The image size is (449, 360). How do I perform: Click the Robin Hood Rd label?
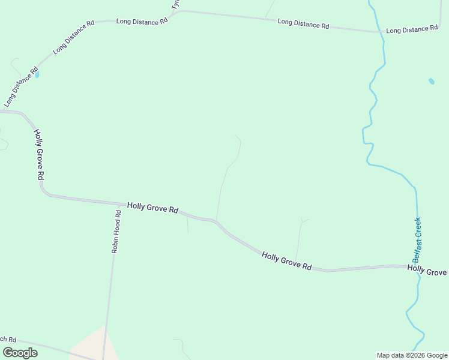click(116, 231)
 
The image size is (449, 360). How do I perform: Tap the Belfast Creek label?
click(417, 240)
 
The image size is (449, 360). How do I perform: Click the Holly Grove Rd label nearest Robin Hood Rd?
click(152, 208)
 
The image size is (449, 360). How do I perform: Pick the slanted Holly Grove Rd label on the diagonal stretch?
click(287, 261)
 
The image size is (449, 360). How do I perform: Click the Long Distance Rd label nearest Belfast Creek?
click(411, 29)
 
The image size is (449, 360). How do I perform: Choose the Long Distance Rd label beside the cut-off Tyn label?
click(142, 21)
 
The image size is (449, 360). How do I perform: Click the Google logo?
click(20, 353)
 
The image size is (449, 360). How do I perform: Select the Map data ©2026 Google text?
click(412, 355)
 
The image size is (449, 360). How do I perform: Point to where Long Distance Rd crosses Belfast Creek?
click(382, 32)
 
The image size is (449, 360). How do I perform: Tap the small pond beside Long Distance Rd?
click(37, 75)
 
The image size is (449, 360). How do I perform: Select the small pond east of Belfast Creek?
click(431, 81)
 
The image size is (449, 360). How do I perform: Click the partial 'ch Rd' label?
click(8, 339)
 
